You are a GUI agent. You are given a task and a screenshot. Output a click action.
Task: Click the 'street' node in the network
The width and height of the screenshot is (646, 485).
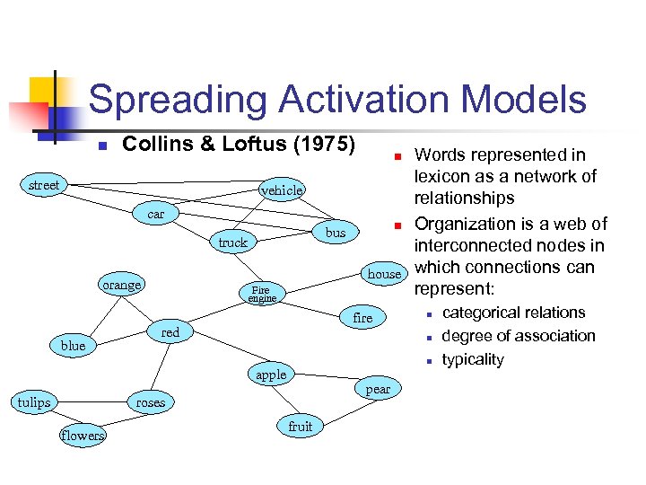44,186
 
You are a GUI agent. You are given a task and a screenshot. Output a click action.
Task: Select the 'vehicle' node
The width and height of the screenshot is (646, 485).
282,190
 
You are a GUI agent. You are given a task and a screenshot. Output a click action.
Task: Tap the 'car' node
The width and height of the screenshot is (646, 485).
156,215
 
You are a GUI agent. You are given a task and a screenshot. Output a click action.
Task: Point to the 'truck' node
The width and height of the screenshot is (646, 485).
232,242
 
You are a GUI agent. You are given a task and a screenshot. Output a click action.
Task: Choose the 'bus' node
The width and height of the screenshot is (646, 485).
336,233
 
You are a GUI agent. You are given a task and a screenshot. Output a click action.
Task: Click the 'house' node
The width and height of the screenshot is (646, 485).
384,273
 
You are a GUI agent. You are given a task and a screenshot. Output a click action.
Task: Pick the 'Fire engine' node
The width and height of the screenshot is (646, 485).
262,294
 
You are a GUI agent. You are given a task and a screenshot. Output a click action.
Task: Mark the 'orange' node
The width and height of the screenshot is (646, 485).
122,285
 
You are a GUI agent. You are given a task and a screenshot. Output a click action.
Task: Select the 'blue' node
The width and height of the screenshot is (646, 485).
74,346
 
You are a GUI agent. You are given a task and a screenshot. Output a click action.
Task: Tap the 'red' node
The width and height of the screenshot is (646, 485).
170,332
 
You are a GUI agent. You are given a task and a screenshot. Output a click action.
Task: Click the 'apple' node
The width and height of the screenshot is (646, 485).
271,375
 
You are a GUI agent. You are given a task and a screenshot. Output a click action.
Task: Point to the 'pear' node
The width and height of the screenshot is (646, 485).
378,389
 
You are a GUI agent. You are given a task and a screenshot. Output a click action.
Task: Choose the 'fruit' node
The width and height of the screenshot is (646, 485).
301,427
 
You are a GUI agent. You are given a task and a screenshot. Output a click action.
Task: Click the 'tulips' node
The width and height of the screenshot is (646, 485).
34,402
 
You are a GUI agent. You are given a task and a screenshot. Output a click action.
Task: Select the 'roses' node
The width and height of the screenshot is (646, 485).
151,402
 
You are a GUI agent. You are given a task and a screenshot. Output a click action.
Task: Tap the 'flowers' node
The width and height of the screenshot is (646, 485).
83,436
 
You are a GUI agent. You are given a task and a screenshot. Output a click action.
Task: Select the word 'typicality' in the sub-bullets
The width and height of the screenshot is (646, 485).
474,359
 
